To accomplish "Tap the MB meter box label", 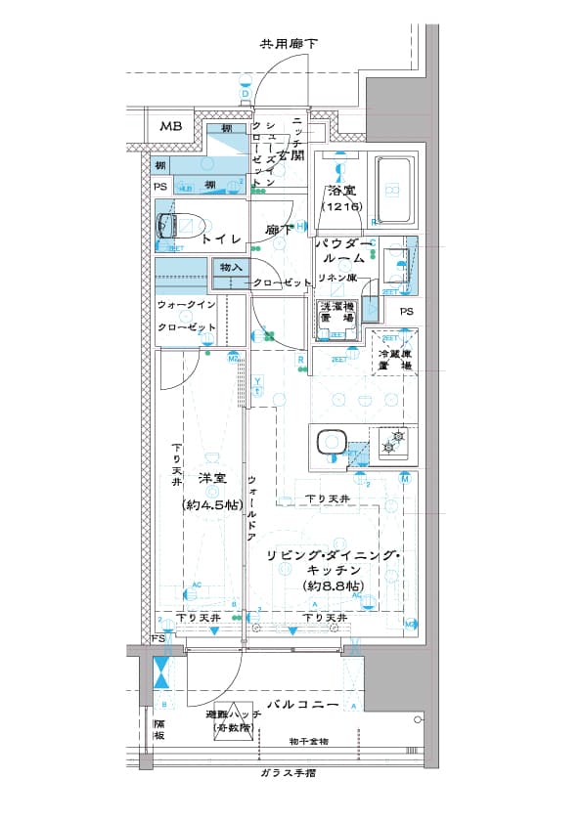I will [x=171, y=127].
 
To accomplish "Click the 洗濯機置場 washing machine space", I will [x=336, y=315].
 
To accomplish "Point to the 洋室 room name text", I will [x=212, y=478].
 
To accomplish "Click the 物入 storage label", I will [x=231, y=267].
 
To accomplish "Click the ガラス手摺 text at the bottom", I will [x=290, y=773].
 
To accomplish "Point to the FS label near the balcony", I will [x=158, y=638].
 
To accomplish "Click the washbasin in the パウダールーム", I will [x=397, y=259].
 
